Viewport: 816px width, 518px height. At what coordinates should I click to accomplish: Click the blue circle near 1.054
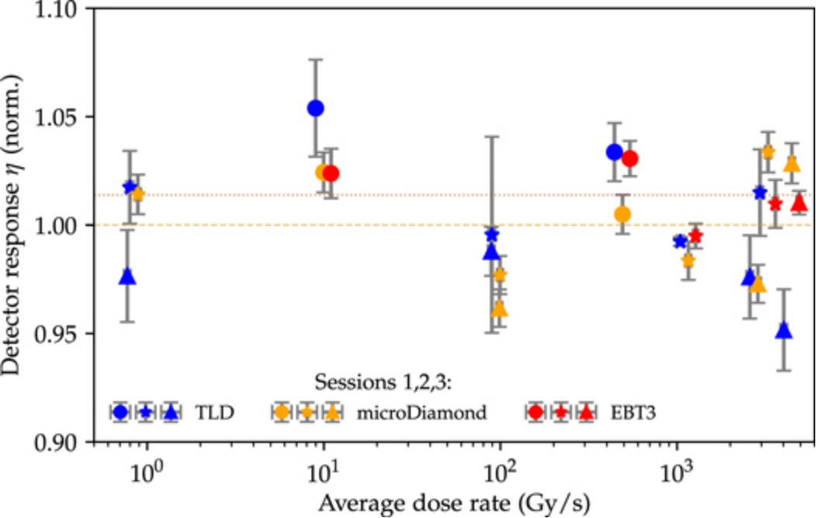[315, 108]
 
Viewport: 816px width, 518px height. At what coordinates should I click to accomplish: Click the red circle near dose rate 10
[331, 173]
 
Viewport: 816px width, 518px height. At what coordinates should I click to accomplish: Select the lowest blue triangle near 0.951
[784, 331]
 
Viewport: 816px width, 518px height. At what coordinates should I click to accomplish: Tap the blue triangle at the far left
[128, 276]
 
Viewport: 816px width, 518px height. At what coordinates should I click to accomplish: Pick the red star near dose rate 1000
[696, 235]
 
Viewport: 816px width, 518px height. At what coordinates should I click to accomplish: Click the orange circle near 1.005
[622, 214]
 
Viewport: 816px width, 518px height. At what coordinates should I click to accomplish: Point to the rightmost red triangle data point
[800, 203]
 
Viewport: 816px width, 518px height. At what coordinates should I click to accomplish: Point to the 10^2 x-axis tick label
[500, 469]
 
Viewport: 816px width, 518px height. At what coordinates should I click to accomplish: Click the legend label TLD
[215, 413]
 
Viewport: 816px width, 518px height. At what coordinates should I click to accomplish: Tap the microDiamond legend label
[422, 413]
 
